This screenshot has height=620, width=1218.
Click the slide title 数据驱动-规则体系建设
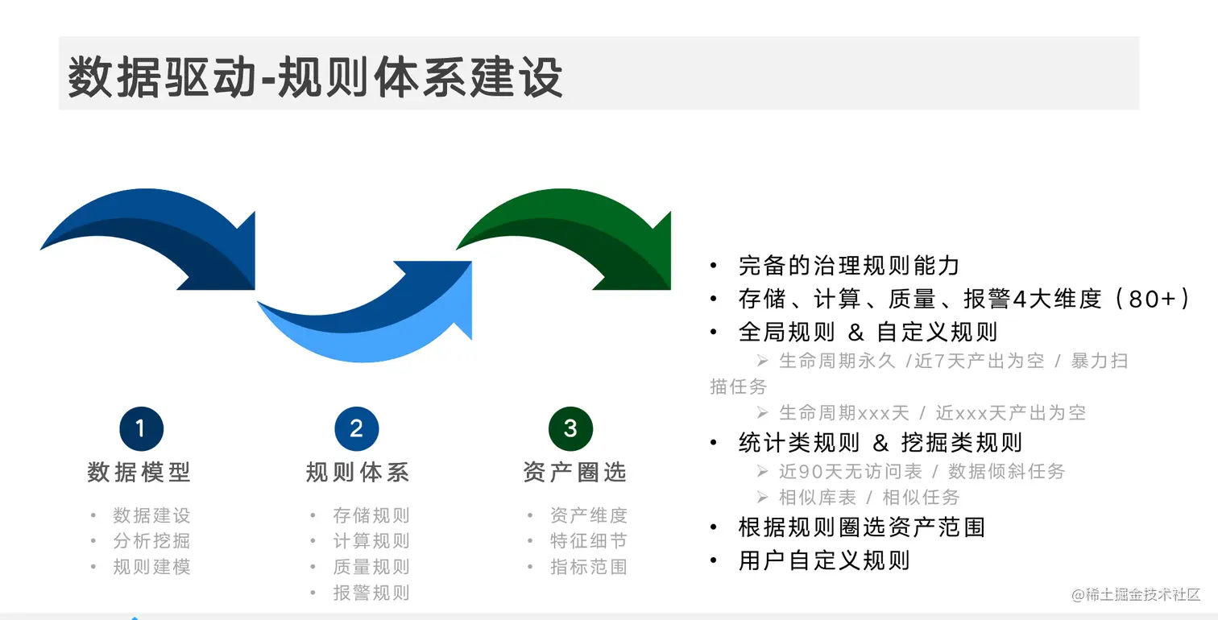[x=315, y=76]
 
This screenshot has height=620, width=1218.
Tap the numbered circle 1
[x=141, y=428]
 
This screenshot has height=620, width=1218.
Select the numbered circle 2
[x=356, y=428]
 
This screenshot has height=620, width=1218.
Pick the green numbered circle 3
[x=570, y=428]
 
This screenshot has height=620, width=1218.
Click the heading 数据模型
[x=139, y=472]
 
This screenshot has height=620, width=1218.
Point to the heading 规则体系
[x=357, y=472]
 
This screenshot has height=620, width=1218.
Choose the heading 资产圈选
[x=574, y=472]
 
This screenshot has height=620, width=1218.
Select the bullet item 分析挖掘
[x=151, y=541]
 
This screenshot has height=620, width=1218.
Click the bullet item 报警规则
[x=371, y=593]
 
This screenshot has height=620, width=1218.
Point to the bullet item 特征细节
[x=588, y=541]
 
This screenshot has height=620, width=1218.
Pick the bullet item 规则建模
[x=151, y=567]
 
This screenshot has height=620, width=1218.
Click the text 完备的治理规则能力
[x=848, y=266]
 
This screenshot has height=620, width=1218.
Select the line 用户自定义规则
[x=823, y=560]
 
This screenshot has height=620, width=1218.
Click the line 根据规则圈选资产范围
[x=861, y=527]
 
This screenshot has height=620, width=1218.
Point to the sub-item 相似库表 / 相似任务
[x=869, y=498]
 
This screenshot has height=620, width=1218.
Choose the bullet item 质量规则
[x=371, y=567]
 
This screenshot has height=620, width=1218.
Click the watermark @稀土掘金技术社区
[x=1135, y=595]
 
